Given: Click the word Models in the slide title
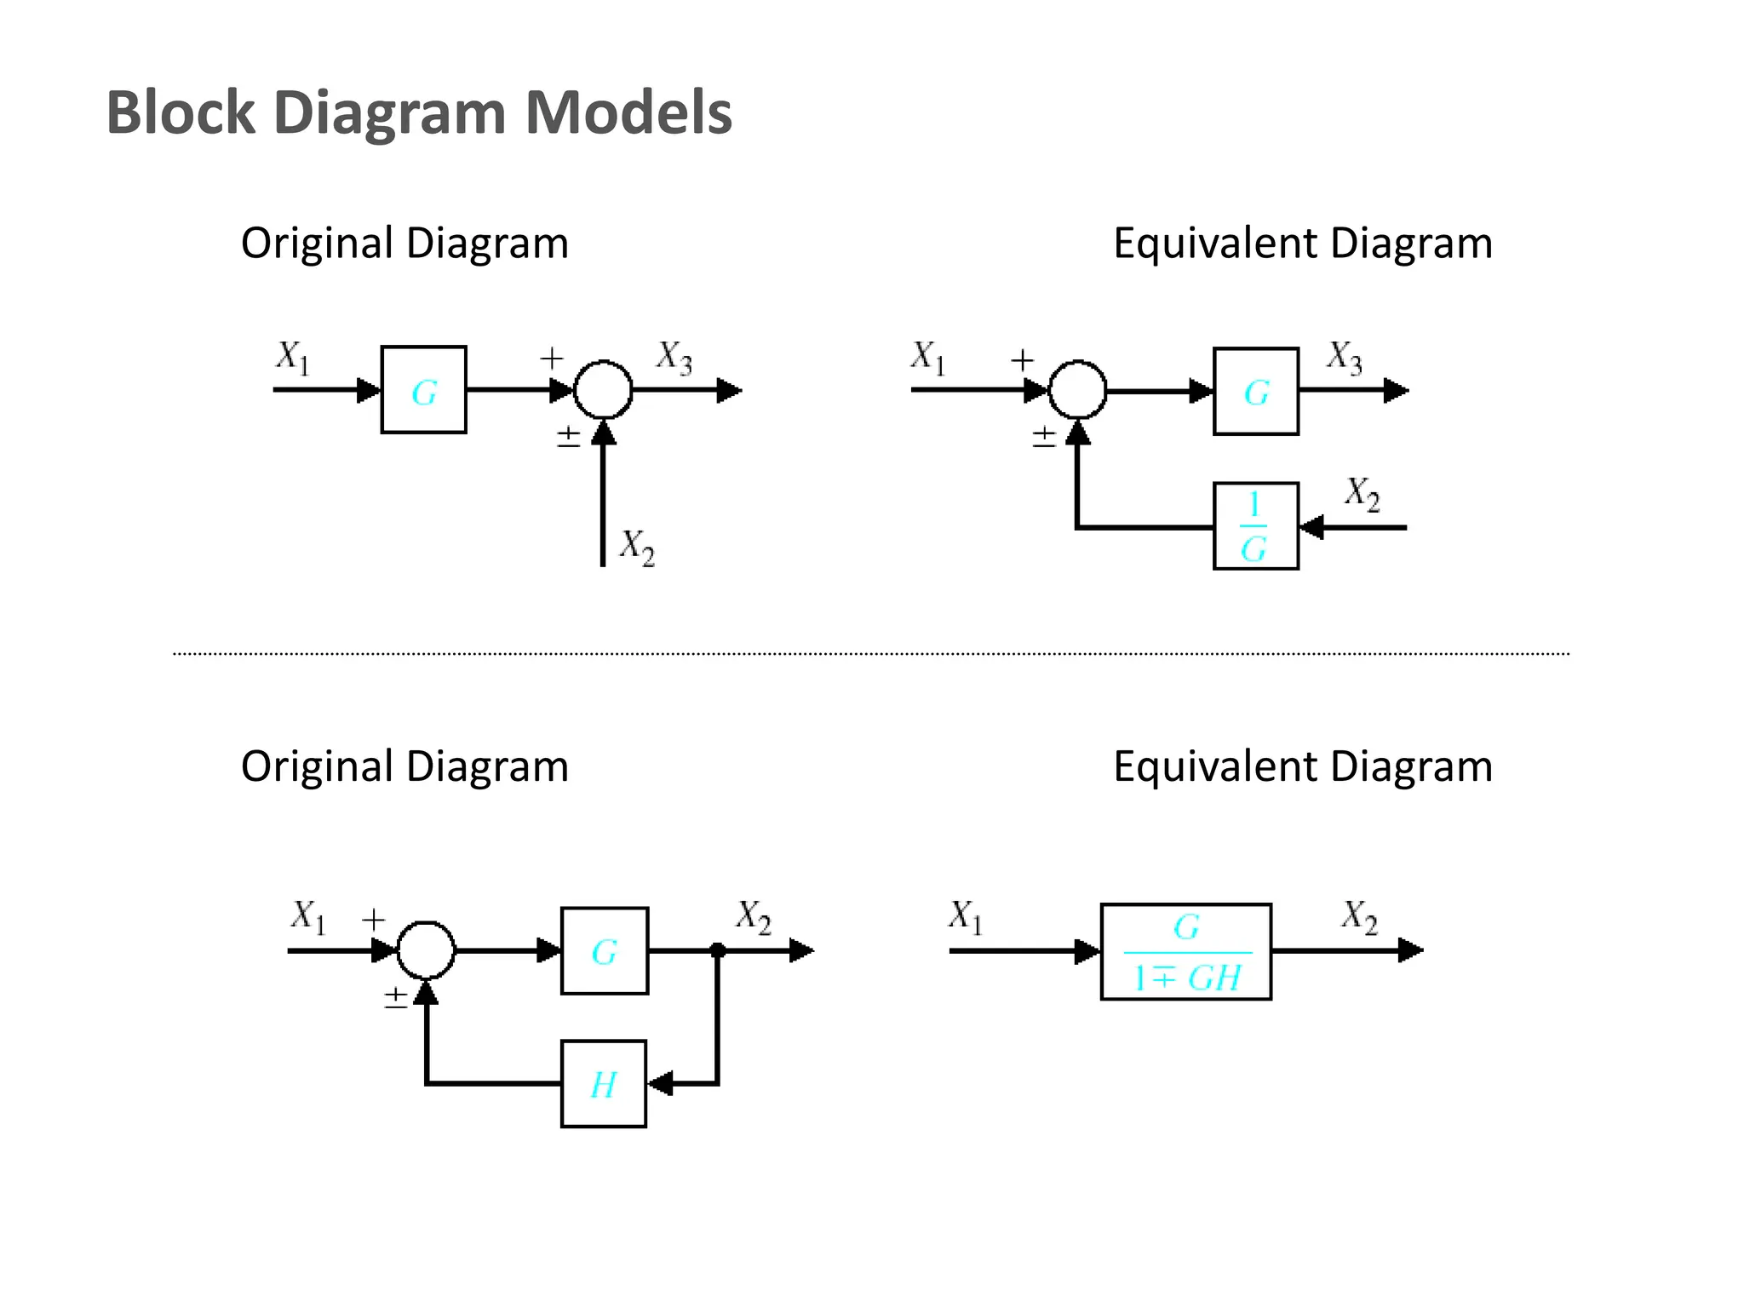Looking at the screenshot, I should click(x=628, y=112).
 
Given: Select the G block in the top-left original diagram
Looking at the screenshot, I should click(x=423, y=390).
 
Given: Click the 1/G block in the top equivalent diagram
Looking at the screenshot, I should click(x=1255, y=526).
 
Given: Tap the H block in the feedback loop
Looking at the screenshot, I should click(x=604, y=1084).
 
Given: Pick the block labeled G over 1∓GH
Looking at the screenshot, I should click(x=1185, y=951).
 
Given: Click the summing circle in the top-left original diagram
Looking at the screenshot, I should click(x=603, y=390).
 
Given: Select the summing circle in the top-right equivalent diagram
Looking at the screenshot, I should click(x=1077, y=390).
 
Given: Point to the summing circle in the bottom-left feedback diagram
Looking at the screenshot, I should click(x=426, y=949).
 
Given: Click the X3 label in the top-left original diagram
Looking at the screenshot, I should click(x=674, y=357).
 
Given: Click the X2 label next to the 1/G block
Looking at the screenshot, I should click(x=1362, y=493).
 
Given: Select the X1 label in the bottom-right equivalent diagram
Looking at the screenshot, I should click(x=966, y=917).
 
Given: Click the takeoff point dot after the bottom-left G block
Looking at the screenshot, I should click(x=718, y=949).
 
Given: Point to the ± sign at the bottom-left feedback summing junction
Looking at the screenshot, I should click(x=396, y=997).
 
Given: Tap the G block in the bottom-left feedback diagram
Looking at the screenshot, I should click(x=605, y=950).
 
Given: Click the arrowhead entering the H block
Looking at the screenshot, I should click(x=660, y=1084).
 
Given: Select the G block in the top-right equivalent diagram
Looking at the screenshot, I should click(x=1255, y=392).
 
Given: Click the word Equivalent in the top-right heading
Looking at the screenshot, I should click(x=1215, y=244).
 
